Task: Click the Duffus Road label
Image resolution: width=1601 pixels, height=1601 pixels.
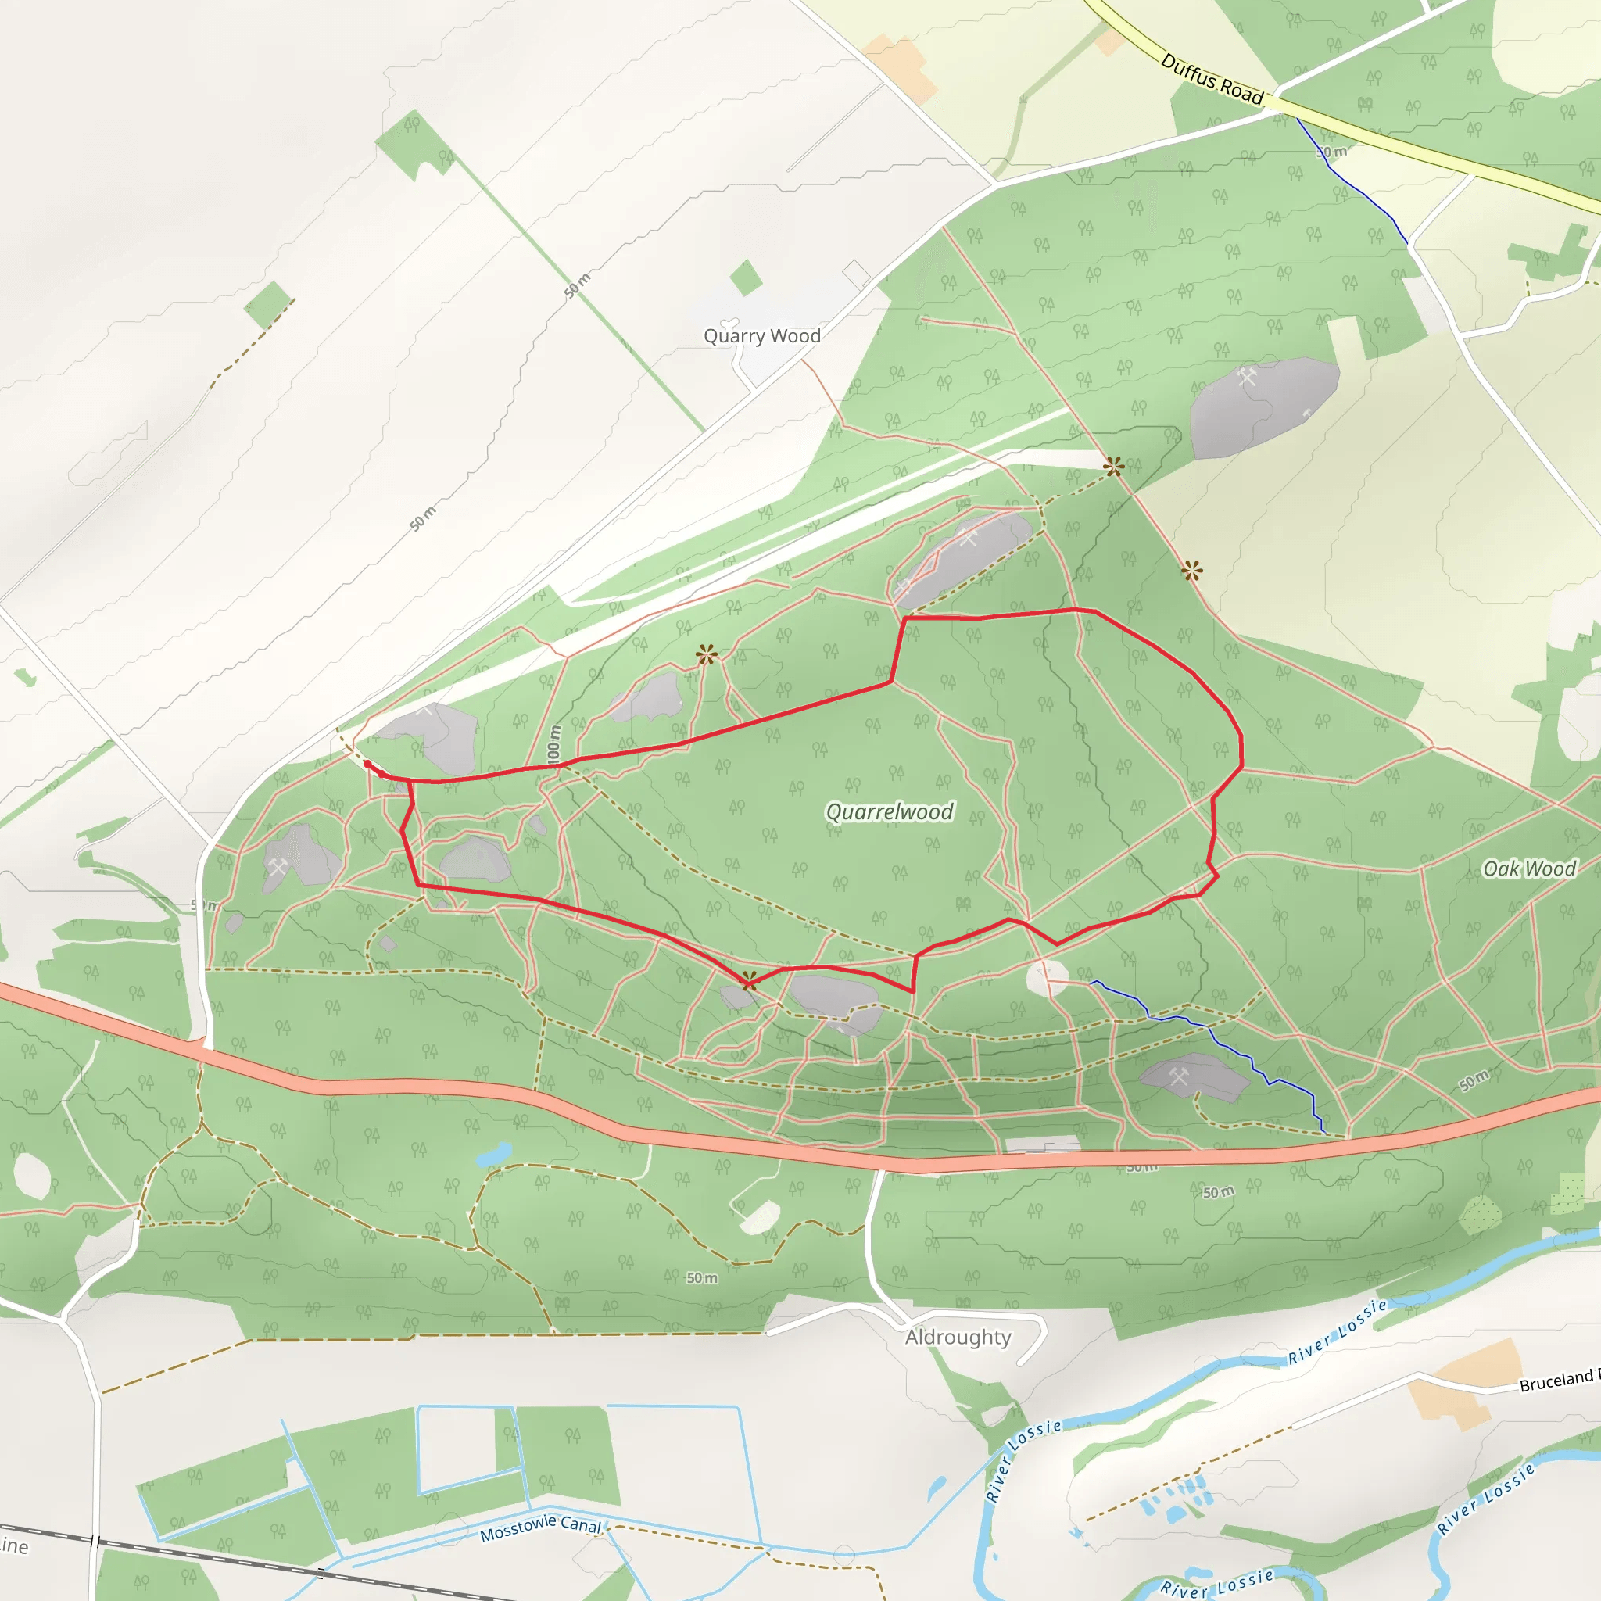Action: coord(1212,80)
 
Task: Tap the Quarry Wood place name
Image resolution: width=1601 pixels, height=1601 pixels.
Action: coord(761,335)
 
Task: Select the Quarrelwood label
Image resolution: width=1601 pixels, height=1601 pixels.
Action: coord(889,811)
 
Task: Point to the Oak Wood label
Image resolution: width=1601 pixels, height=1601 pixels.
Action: coord(1529,869)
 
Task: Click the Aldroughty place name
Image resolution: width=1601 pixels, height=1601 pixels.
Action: coord(958,1337)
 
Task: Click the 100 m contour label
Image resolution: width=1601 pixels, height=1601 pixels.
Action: coord(553,743)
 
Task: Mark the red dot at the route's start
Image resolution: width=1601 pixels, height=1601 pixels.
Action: coord(367,763)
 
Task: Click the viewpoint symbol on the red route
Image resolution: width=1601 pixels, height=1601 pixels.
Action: coord(748,981)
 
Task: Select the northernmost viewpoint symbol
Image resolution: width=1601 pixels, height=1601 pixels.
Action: coord(1114,467)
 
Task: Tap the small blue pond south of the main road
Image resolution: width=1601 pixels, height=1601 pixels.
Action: coord(494,1154)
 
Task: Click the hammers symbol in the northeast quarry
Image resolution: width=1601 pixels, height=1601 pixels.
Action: coord(1247,377)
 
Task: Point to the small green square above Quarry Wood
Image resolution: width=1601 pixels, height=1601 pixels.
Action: coord(746,277)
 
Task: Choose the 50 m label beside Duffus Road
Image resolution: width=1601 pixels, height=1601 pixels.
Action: coord(1331,152)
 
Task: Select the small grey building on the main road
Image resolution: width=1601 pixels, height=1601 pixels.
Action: coord(1043,1145)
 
